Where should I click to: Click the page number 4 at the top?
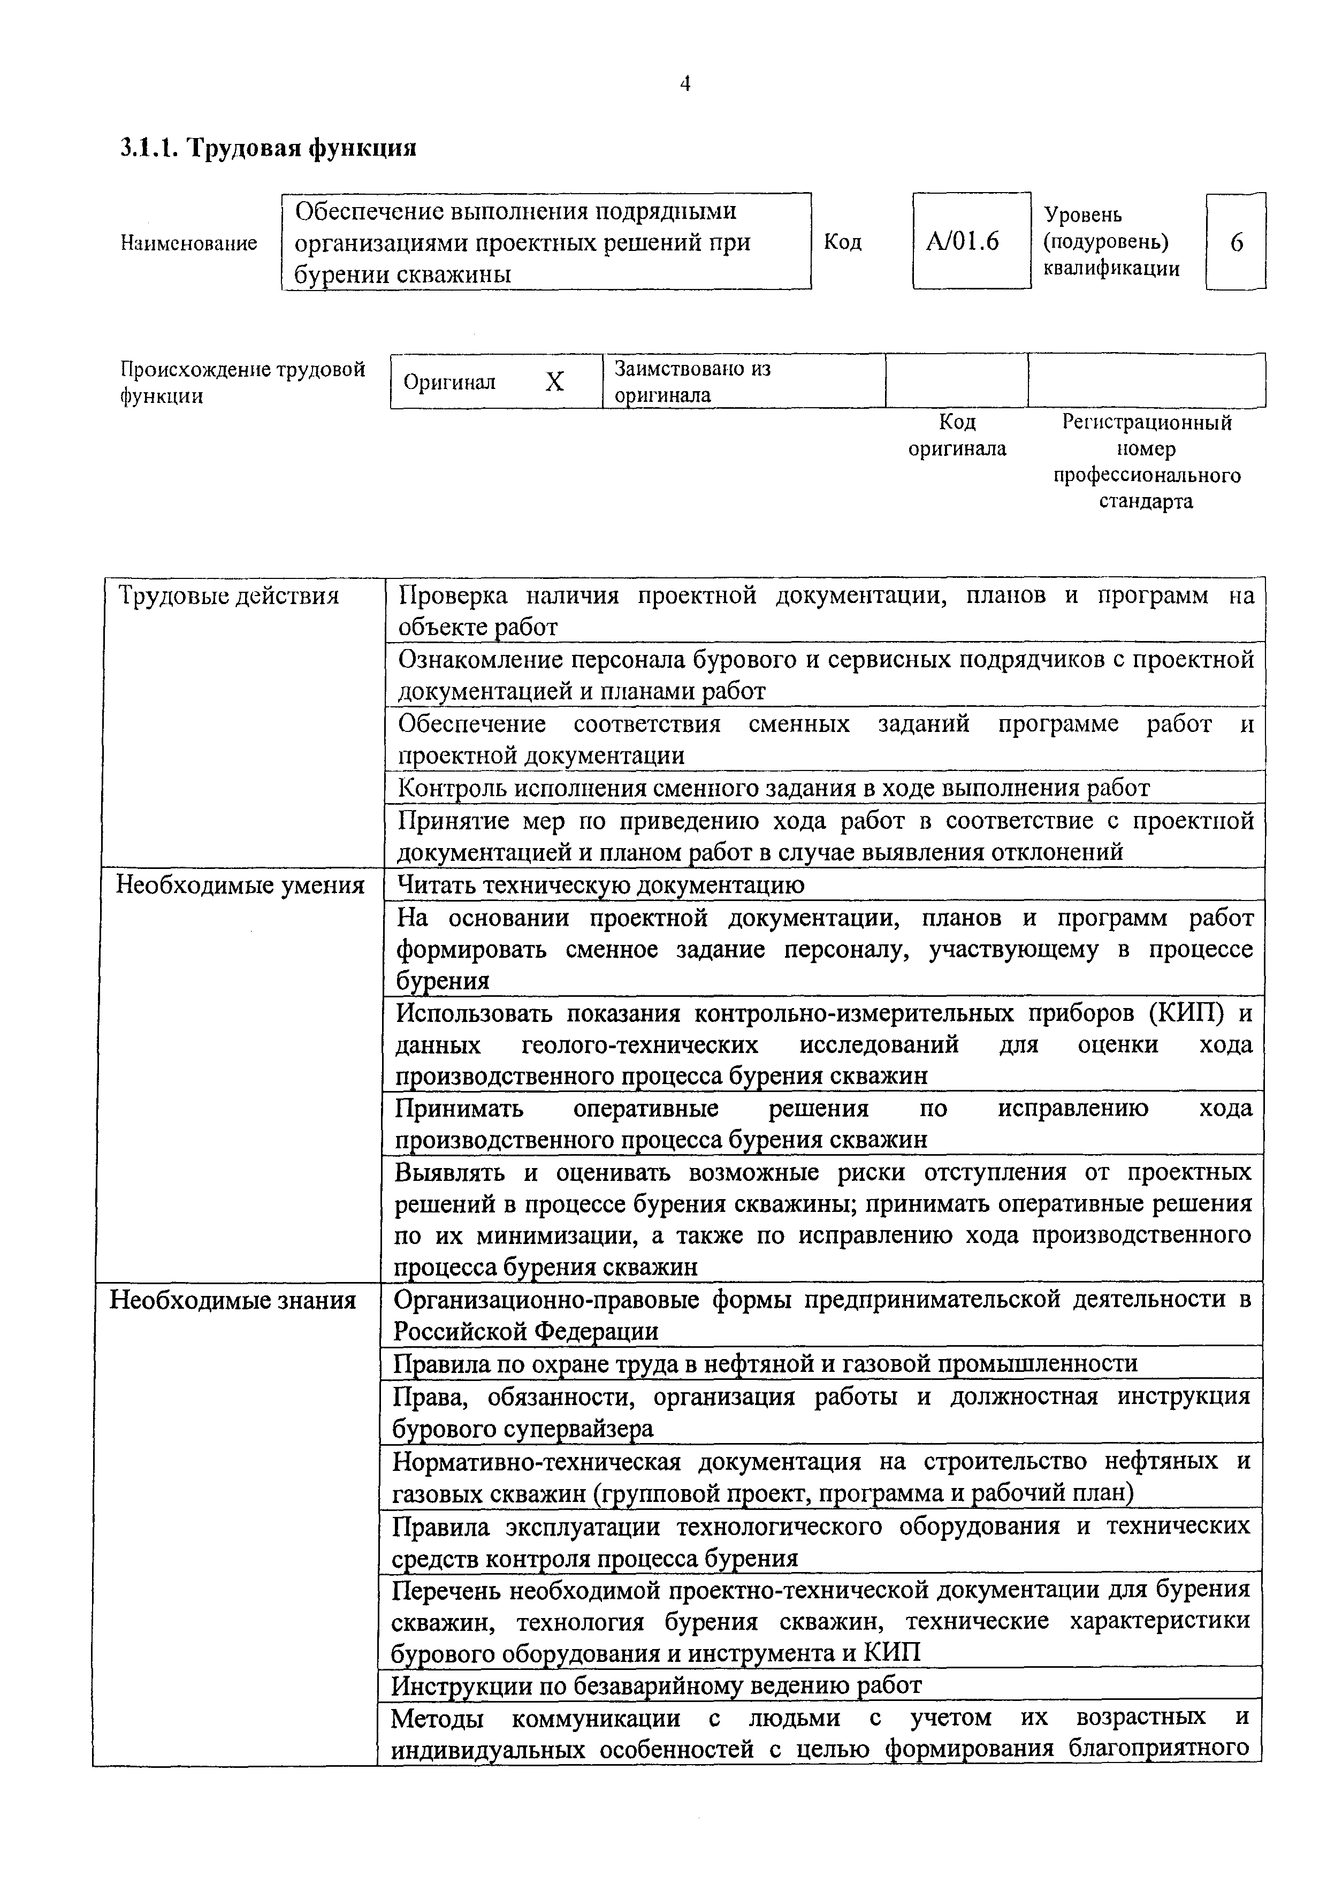[685, 83]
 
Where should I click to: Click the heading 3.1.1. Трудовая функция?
[268, 148]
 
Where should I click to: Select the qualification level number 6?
[1236, 243]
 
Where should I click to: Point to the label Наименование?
[189, 243]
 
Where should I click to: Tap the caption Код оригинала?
[957, 435]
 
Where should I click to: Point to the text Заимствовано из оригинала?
[692, 381]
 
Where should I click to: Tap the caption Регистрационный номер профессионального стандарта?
[1146, 462]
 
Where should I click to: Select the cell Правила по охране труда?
[765, 1363]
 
